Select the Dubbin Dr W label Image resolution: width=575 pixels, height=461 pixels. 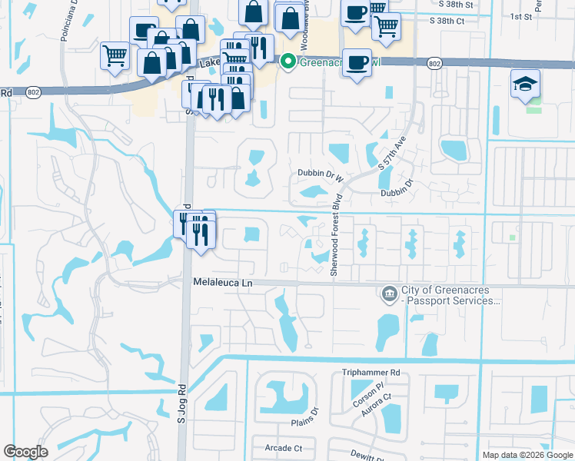[x=320, y=174]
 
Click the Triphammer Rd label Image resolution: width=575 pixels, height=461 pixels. [x=371, y=373]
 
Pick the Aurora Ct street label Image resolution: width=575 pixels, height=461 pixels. [x=377, y=403]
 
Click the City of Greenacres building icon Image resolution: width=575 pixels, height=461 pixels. [x=389, y=293]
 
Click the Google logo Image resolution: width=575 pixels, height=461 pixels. [x=25, y=452]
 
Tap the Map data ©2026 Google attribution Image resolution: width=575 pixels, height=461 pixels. [x=527, y=455]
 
